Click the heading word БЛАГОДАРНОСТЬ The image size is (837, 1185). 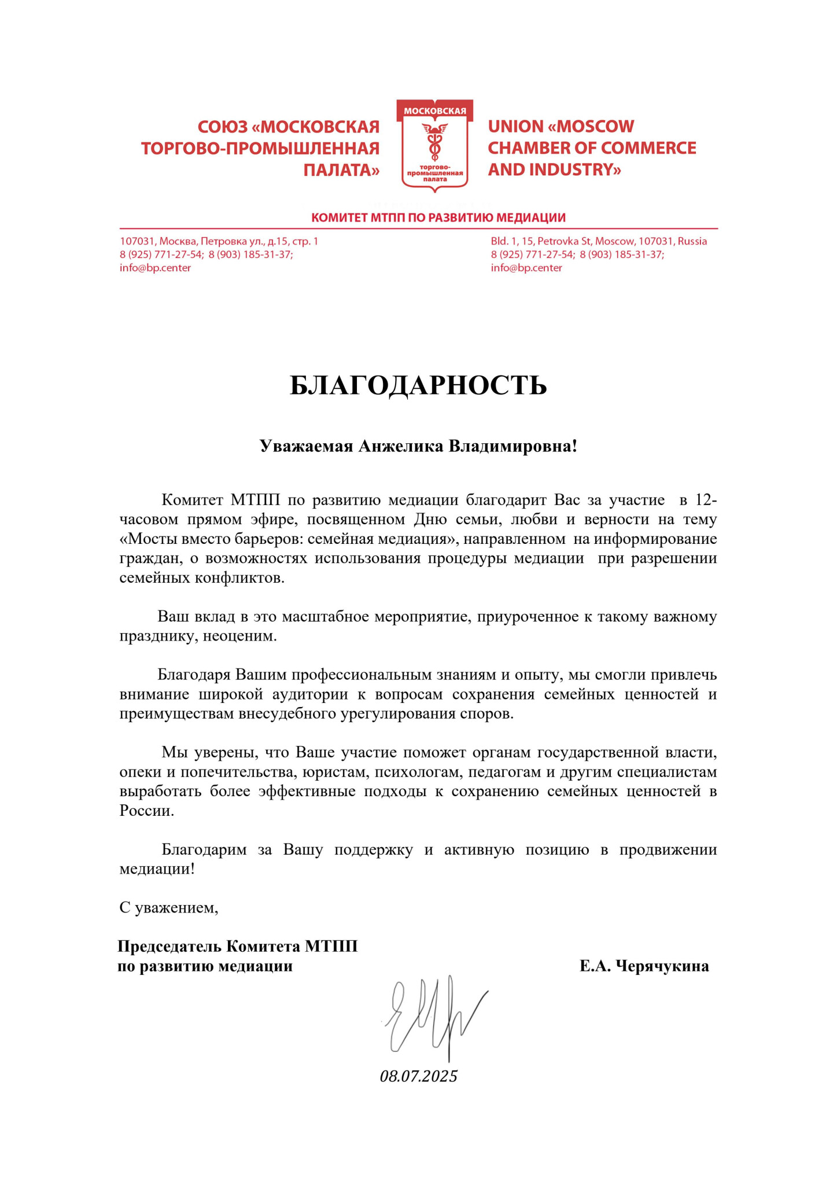point(418,385)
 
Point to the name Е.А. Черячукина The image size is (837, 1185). point(644,966)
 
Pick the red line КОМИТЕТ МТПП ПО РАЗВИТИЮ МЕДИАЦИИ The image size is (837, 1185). point(438,218)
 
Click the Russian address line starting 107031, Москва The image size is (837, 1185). point(219,241)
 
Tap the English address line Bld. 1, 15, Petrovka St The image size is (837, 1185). point(598,241)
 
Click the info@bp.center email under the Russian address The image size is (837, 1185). point(155,268)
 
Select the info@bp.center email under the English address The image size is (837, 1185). point(526,268)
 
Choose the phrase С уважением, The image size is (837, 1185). point(169,907)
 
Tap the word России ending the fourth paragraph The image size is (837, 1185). point(146,811)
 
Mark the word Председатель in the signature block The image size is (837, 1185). point(169,946)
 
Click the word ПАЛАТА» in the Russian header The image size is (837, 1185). point(341,170)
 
